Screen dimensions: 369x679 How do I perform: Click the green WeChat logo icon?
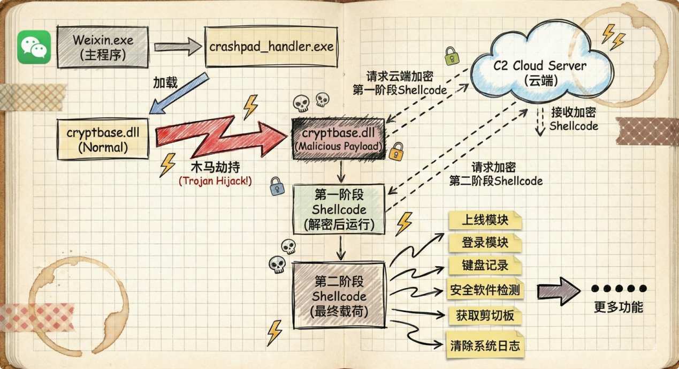34,47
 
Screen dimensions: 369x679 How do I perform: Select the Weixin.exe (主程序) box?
103,47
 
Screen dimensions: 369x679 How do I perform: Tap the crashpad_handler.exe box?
271,47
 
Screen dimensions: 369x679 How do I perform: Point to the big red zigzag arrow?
219,137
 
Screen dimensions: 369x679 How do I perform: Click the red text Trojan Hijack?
215,181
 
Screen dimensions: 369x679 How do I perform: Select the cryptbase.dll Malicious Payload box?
338,139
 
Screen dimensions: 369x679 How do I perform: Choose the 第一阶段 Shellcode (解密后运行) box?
339,209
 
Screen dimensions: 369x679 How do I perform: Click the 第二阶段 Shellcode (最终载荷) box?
339,295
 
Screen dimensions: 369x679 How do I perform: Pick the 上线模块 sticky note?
485,220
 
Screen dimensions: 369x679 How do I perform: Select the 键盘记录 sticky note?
485,265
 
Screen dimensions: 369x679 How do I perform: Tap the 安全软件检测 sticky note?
485,290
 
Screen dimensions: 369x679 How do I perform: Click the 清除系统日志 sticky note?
485,345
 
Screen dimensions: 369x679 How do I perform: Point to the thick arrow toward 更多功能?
558,290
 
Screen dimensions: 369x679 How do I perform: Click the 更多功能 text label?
618,307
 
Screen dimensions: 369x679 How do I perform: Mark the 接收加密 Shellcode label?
574,119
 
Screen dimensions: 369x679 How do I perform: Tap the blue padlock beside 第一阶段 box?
277,186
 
